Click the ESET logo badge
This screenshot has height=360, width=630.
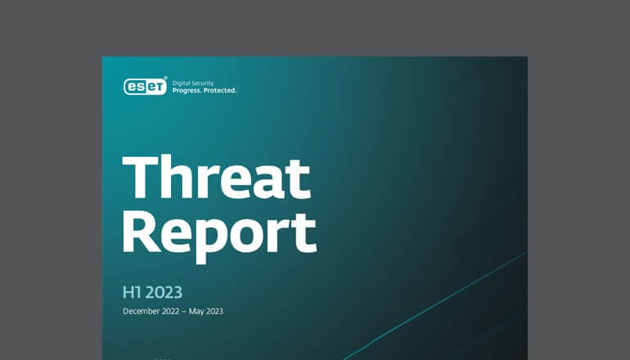pos(144,86)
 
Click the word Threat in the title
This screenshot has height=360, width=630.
pos(216,178)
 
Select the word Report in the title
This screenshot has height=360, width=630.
pos(219,232)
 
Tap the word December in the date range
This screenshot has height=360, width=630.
pos(143,311)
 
